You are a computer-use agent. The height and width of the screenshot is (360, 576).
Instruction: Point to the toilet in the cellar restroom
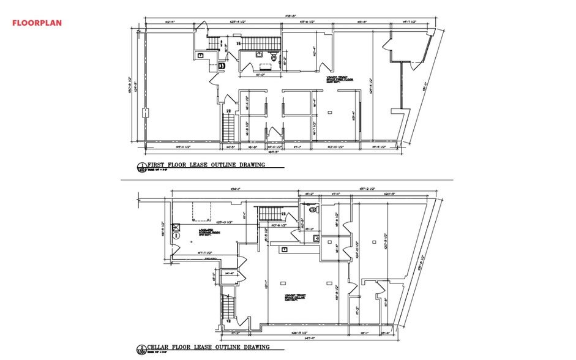pos(314,209)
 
